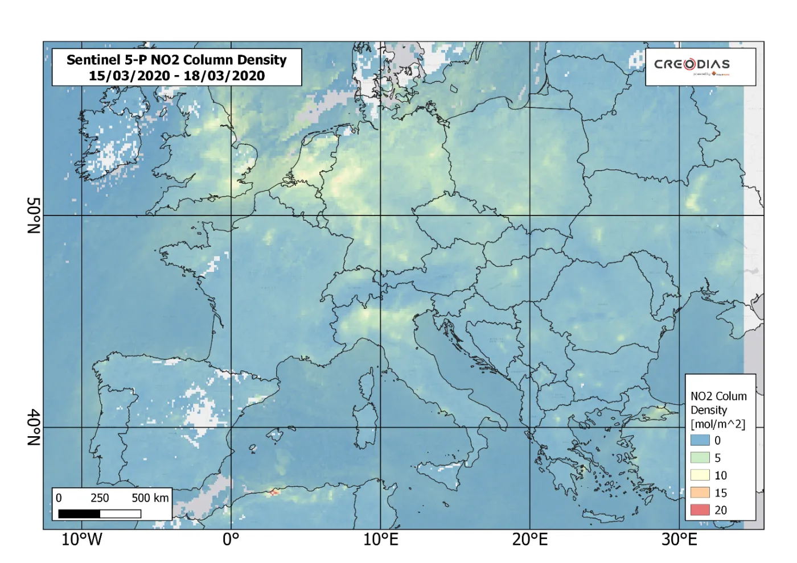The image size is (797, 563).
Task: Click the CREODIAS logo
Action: (692, 65)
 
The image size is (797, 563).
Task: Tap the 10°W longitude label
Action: (81, 540)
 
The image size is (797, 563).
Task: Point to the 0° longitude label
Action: (231, 540)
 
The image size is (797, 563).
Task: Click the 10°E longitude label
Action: (381, 540)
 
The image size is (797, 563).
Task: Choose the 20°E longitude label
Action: (529, 540)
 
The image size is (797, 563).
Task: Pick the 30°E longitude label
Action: (679, 540)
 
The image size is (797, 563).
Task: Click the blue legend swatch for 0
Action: (700, 440)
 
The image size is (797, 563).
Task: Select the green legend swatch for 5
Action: (700, 458)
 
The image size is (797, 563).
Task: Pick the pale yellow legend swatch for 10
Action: (700, 475)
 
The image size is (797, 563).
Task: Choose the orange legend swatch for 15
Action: (700, 492)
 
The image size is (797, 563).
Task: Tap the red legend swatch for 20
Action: (700, 510)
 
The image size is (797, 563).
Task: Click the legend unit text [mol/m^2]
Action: (717, 424)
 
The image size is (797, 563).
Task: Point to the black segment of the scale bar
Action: (79, 514)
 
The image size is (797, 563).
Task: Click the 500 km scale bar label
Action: (150, 498)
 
